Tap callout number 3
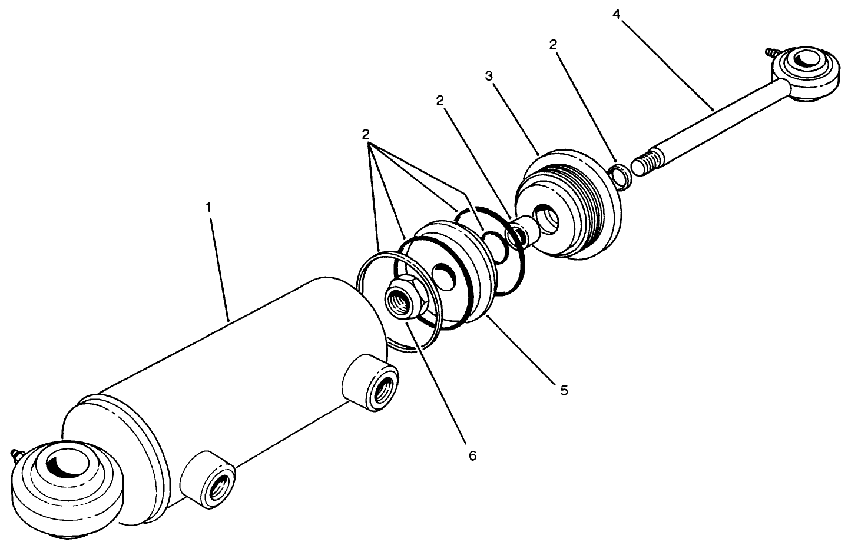coord(488,76)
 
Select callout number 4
coord(616,14)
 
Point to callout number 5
coord(564,390)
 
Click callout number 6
coord(472,455)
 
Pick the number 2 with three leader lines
coord(366,134)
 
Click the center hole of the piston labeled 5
coord(445,275)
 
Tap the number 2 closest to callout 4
coord(553,45)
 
